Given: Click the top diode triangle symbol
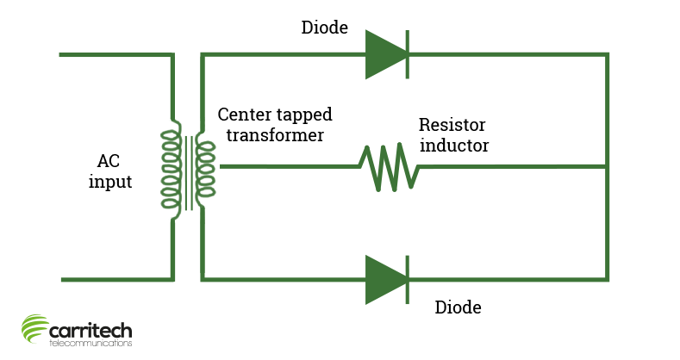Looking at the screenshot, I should click(x=384, y=54).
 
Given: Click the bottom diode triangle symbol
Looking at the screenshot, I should click(x=384, y=279).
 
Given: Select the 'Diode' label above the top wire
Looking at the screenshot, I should click(x=324, y=28).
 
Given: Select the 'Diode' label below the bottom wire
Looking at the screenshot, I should click(x=458, y=307).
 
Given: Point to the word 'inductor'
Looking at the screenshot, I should click(x=454, y=146).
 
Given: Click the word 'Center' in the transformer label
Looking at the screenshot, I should click(x=246, y=115).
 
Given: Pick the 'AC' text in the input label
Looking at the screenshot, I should click(x=109, y=161).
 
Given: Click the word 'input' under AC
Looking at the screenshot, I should click(x=110, y=182).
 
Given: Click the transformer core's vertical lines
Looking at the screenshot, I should click(x=187, y=172).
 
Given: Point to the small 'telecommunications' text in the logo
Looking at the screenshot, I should click(x=90, y=344).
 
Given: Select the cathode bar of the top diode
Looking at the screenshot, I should click(x=407, y=54).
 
